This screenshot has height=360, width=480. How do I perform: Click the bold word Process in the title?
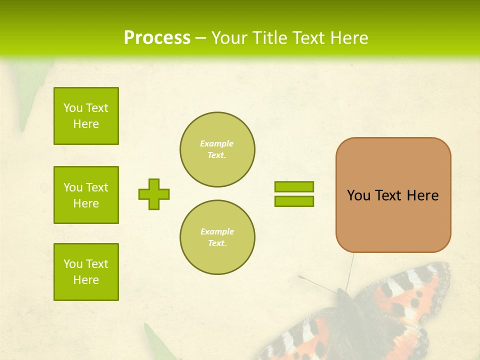(157, 38)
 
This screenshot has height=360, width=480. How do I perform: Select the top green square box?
(86, 116)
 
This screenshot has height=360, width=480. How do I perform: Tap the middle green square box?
(86, 195)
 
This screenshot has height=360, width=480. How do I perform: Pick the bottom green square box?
(86, 272)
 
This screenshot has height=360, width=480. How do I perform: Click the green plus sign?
(154, 194)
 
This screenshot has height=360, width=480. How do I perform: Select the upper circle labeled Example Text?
(217, 149)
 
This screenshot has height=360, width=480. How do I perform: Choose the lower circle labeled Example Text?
(217, 237)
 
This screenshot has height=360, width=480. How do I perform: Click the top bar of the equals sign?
(294, 186)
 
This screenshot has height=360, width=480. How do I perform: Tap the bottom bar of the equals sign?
(294, 201)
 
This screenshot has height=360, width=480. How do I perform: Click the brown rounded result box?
(393, 220)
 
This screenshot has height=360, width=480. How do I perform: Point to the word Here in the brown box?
(422, 195)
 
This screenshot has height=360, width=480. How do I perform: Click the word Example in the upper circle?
(217, 143)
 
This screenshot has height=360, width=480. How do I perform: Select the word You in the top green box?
(73, 108)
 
